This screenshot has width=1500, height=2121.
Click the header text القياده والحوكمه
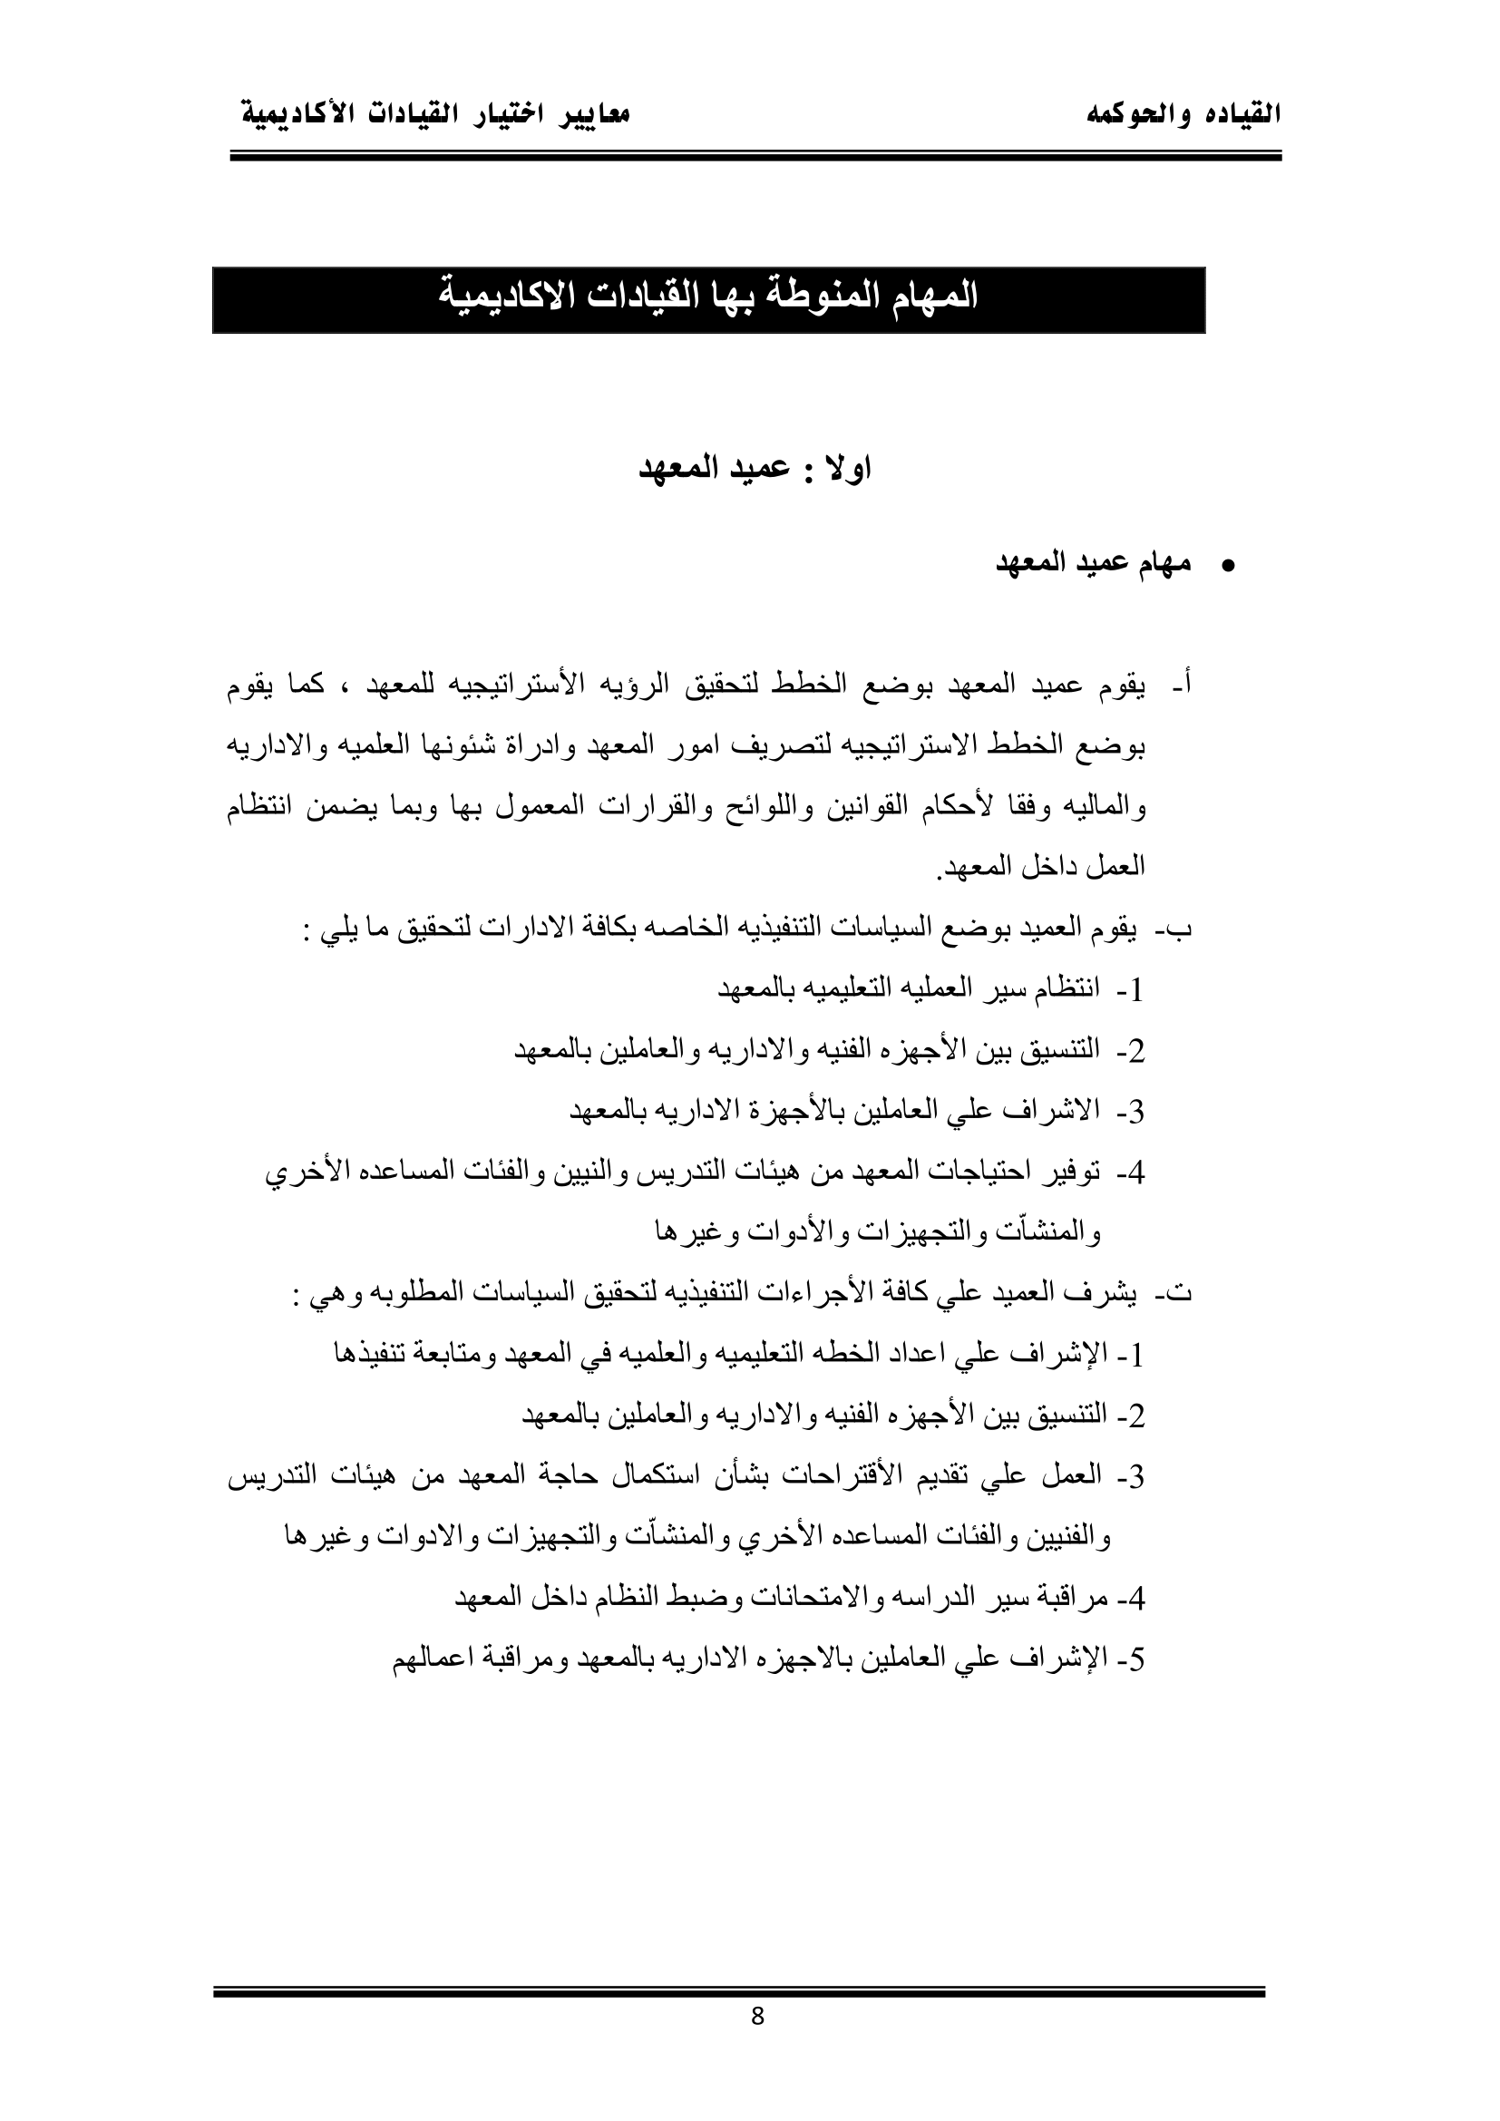coord(1184,115)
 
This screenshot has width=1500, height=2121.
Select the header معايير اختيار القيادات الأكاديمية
coord(435,115)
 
